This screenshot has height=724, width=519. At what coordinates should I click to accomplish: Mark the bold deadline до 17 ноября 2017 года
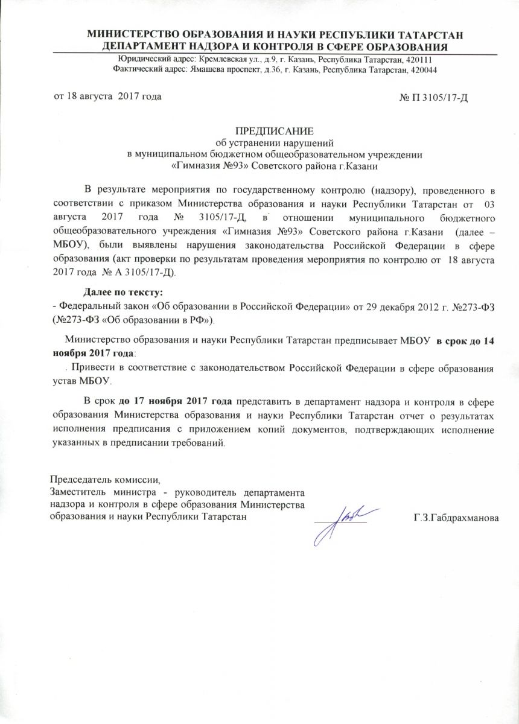click(x=175, y=401)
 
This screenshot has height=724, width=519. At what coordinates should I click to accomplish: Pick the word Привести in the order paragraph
click(x=91, y=368)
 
